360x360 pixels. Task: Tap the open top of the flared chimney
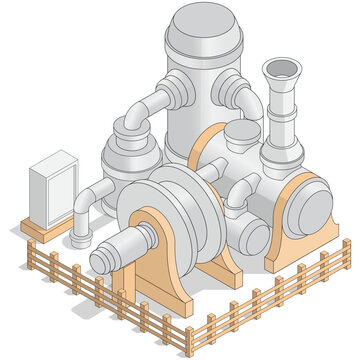(281, 69)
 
